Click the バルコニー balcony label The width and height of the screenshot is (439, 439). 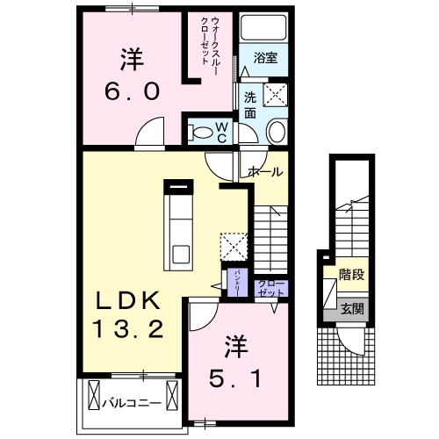click(129, 405)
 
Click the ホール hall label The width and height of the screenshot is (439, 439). click(264, 172)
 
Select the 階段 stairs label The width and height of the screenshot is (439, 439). click(352, 275)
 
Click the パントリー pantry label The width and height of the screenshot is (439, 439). click(236, 283)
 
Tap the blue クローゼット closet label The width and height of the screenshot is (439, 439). click(267, 288)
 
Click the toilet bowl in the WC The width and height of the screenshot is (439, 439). click(201, 133)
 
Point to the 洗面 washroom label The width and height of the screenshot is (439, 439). click(249, 104)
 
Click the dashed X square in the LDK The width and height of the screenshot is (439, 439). click(232, 245)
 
